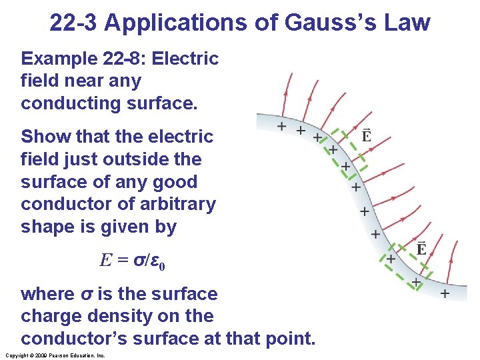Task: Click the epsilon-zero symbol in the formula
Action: click(x=158, y=261)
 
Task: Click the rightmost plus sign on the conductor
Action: click(x=444, y=293)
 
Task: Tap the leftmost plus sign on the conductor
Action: click(x=281, y=126)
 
